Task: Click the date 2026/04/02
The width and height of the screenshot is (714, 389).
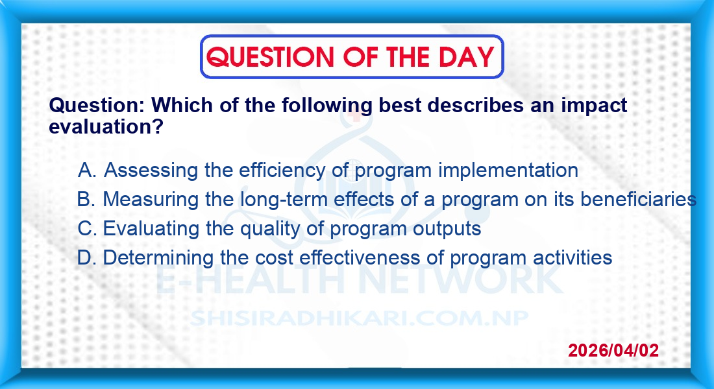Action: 613,350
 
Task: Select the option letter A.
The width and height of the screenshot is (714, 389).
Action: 87,171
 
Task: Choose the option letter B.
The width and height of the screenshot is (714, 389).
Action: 86,199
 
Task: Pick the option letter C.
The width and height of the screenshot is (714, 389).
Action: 87,228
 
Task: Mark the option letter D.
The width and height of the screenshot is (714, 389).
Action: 86,257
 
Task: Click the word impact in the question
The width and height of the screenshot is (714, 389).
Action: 594,106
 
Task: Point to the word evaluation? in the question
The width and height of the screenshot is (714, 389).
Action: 106,126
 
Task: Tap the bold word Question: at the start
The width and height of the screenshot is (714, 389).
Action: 97,106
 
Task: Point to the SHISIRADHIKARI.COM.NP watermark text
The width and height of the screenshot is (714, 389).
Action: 359,318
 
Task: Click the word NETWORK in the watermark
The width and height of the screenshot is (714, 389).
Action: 461,279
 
